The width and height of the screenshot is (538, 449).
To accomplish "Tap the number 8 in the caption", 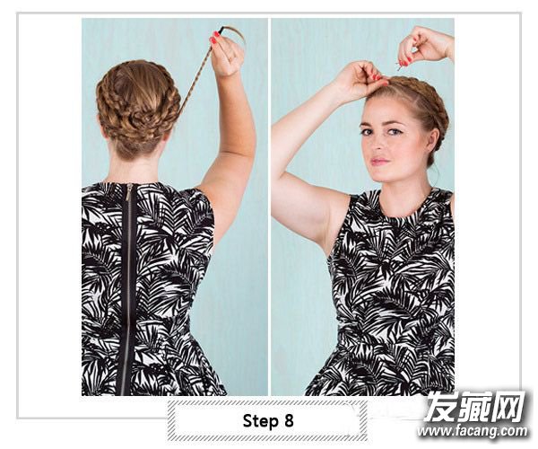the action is (289, 420).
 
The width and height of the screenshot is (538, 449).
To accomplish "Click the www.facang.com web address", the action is (473, 431).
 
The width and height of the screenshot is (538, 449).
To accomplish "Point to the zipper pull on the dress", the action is (129, 192).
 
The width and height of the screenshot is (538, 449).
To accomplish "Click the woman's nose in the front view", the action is (378, 144).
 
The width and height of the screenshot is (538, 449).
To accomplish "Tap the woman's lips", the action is (380, 161).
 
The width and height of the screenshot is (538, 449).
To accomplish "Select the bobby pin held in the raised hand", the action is (400, 66).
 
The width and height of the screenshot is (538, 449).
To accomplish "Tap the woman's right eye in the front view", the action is (367, 132).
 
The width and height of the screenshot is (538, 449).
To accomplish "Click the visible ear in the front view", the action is (429, 137).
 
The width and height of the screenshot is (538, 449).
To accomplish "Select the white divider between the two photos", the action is (269, 207).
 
